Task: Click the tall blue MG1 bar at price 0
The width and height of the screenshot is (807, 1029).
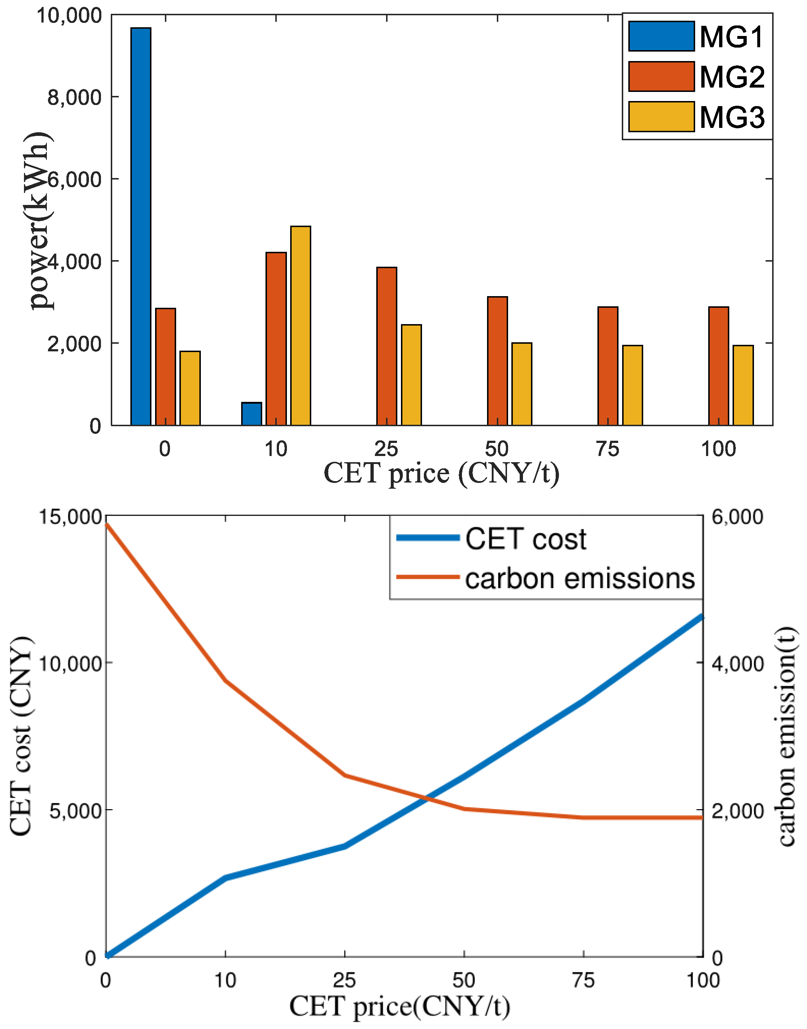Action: coord(141,227)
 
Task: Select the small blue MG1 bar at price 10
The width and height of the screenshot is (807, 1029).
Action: coord(251,414)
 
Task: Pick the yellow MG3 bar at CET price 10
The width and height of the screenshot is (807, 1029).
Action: coord(300,326)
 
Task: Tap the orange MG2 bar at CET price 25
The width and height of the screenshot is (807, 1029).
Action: coord(386,347)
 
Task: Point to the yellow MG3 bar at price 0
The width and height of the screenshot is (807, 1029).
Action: coord(190,388)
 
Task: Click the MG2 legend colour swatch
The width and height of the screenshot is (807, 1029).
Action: coord(661,77)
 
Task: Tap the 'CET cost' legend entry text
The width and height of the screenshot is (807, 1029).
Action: coord(526,539)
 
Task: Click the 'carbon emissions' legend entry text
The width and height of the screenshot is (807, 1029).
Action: coord(580,578)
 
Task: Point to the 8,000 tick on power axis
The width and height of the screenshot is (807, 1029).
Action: coord(75,97)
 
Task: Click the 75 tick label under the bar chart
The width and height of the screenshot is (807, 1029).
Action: coord(608,449)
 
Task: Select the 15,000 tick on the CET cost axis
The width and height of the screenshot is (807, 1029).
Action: coord(70,517)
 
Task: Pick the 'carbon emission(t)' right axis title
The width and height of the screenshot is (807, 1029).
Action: coord(787,737)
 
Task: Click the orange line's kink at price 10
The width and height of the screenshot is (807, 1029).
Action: coord(226,681)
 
